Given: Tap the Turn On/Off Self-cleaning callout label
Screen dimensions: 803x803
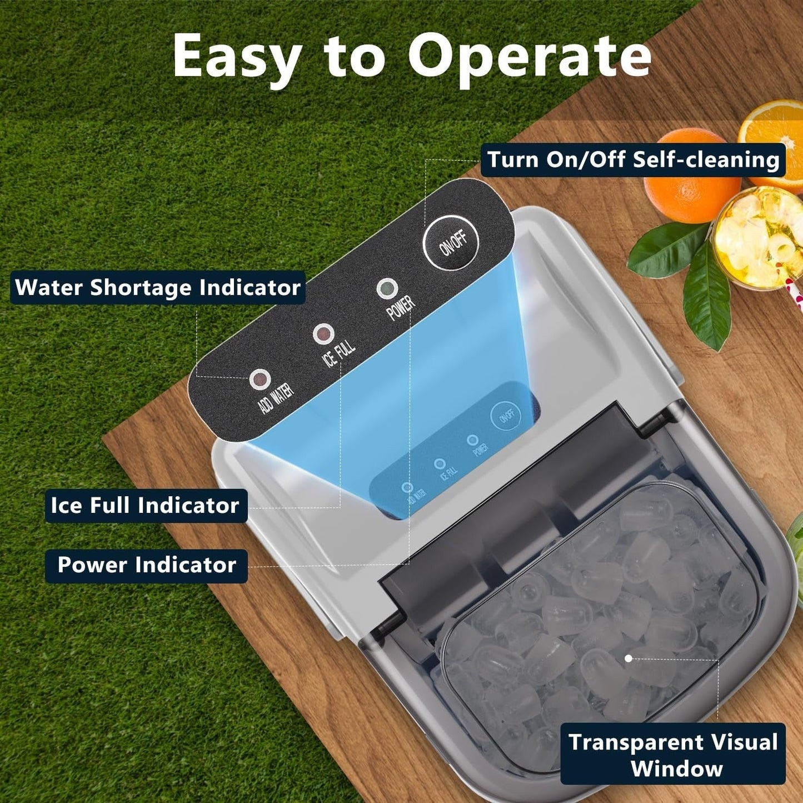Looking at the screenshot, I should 633,160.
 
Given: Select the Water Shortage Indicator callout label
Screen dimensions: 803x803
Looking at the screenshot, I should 158,287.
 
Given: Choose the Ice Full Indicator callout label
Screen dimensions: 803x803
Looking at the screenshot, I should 146,505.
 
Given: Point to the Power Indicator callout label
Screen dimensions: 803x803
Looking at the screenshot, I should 147,565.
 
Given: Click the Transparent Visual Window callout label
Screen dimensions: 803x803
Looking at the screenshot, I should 674,754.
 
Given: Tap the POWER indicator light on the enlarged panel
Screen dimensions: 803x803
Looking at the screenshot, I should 387,288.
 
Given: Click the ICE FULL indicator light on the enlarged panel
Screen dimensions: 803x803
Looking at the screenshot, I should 323,334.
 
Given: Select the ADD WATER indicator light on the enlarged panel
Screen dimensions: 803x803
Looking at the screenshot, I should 260,380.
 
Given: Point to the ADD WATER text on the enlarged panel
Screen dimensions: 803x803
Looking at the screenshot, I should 276,398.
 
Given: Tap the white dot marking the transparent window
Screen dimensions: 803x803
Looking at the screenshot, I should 629,659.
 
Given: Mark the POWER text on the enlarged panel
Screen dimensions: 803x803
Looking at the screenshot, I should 401,307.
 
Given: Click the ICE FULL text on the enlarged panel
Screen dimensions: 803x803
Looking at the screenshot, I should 339,353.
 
